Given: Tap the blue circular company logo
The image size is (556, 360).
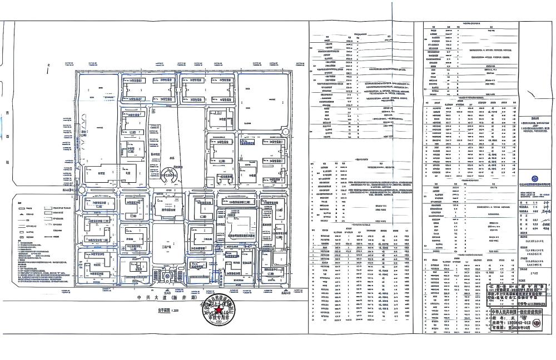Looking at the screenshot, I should tap(534, 178).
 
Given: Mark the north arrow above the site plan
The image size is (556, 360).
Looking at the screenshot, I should tap(48, 69).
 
